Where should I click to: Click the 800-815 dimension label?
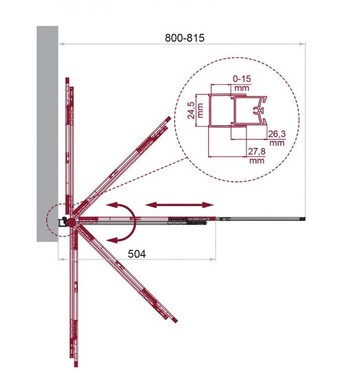click(x=185, y=38)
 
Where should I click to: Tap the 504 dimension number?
click(x=137, y=254)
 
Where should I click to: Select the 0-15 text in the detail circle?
click(x=242, y=79)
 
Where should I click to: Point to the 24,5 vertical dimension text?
click(x=191, y=110)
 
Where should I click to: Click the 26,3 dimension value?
click(x=277, y=134)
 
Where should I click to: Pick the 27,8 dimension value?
click(x=257, y=151)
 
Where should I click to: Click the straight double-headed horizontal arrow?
click(x=179, y=205)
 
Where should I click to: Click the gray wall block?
click(x=48, y=134)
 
